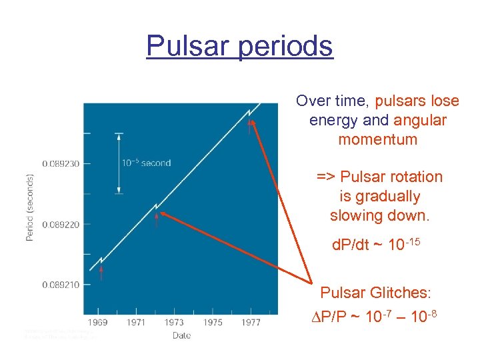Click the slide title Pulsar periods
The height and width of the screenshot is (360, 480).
tap(239, 46)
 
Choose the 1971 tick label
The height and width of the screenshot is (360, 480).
tap(137, 323)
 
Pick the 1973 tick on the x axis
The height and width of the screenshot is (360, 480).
tap(175, 323)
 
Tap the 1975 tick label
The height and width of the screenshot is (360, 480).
tap(213, 323)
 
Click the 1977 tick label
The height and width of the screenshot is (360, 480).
tap(251, 323)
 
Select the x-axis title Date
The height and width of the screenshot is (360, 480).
tap(181, 335)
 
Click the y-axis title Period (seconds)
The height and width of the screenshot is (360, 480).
tap(30, 207)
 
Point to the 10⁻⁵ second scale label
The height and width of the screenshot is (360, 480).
tap(146, 163)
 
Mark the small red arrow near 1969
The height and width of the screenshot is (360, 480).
tap(101, 272)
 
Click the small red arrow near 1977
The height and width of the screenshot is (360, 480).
tap(250, 127)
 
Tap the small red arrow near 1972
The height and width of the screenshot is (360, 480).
tap(157, 219)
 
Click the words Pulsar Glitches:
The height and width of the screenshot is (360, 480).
tap(376, 293)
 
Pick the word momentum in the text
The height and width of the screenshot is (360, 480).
tap(377, 140)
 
